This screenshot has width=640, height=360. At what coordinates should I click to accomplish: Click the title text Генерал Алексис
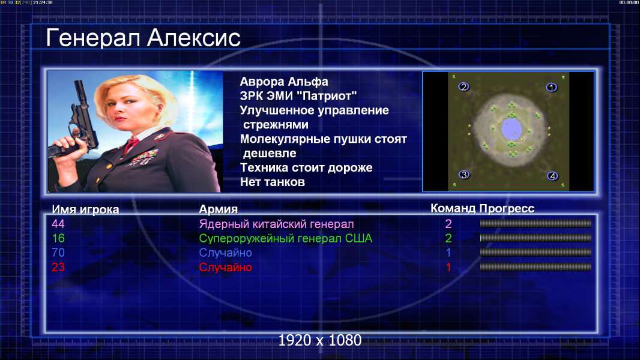click(x=143, y=38)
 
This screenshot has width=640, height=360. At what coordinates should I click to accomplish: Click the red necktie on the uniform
click(x=131, y=144)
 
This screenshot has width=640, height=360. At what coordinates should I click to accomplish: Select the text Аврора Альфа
click(x=284, y=82)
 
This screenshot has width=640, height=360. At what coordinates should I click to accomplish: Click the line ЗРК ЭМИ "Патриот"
click(x=298, y=96)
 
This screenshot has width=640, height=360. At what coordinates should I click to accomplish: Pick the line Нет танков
click(x=273, y=182)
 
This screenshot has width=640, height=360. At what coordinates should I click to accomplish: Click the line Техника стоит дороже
click(x=306, y=167)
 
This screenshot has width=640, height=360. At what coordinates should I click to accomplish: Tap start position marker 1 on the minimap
click(x=551, y=87)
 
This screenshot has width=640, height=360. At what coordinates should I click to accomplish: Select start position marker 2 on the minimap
click(x=463, y=86)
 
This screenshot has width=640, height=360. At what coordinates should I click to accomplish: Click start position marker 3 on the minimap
click(x=463, y=175)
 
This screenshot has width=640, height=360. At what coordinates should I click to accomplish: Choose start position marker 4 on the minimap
click(x=552, y=176)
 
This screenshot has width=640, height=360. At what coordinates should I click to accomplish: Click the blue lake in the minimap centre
click(x=511, y=129)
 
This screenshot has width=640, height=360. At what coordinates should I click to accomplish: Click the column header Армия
click(x=219, y=209)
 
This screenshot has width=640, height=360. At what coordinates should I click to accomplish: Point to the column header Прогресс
click(x=507, y=209)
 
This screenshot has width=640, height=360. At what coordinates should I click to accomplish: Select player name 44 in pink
click(x=58, y=224)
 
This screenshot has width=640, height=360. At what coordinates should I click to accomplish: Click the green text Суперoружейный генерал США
click(x=286, y=239)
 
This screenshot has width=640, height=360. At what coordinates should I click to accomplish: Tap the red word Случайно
click(x=225, y=268)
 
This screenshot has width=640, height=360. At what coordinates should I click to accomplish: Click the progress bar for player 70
click(x=536, y=253)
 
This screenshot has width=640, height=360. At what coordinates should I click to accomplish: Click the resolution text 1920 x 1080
click(x=320, y=340)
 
